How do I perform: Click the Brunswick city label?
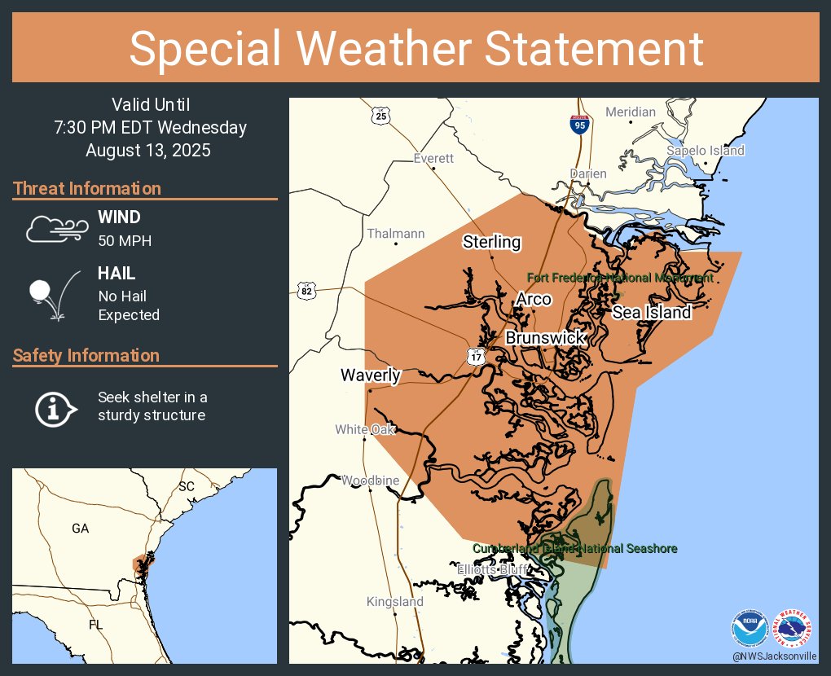[x=545, y=337]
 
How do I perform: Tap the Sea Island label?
[x=651, y=312]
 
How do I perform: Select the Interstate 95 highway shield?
[x=579, y=125]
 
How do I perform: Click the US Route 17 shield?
[x=477, y=356]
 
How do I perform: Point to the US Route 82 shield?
[x=306, y=291]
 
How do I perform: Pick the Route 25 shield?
[x=382, y=116]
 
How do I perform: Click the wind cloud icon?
[x=55, y=229]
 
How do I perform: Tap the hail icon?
[x=53, y=294]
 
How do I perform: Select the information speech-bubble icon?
[x=55, y=408]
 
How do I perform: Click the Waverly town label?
[x=370, y=375]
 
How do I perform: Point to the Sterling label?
[x=491, y=242]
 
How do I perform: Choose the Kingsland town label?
[x=395, y=602]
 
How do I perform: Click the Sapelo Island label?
[x=705, y=151]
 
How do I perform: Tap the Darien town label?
[x=587, y=173]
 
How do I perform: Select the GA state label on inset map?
[x=80, y=529]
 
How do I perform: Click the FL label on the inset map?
[x=96, y=625]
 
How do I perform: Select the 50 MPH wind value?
[x=125, y=240]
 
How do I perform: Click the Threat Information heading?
[x=87, y=189]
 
